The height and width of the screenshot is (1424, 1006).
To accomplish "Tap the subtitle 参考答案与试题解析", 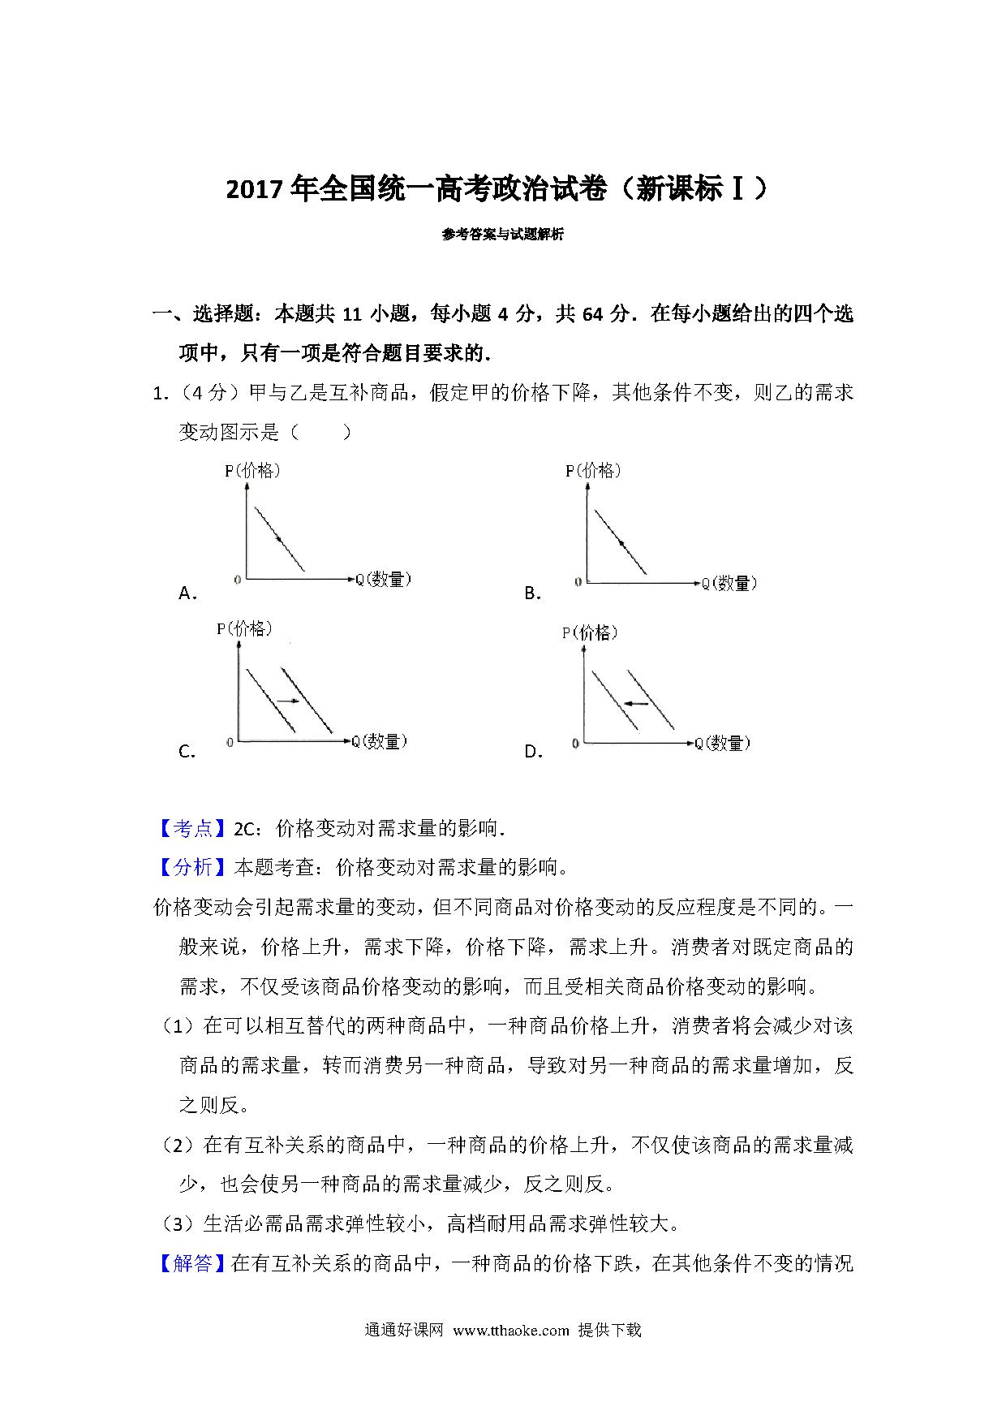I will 502,235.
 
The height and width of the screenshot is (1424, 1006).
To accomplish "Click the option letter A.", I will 187,593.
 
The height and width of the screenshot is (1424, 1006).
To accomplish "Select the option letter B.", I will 532,593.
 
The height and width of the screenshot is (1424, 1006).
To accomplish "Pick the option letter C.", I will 187,752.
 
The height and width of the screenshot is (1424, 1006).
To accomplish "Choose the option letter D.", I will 533,752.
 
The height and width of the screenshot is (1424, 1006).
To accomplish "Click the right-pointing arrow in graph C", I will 287,700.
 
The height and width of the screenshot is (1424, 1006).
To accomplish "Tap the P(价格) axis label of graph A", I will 252,470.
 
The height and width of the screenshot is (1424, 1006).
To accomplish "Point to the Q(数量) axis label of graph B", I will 729,583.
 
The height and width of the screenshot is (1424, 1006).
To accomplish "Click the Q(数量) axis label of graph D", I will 722,743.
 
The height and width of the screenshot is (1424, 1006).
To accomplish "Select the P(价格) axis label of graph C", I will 244,628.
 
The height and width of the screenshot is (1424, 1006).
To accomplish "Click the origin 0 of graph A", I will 237,580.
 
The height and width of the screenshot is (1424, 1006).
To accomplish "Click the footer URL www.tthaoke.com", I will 511,1353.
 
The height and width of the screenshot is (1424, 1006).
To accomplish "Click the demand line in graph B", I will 621,542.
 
